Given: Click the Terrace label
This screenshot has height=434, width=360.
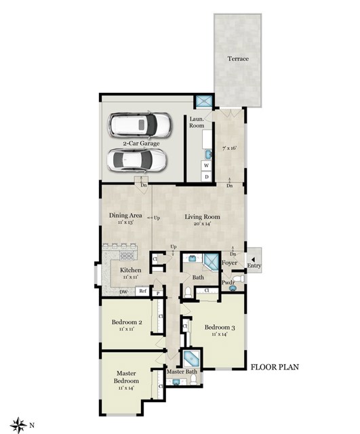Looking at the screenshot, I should click(238, 59).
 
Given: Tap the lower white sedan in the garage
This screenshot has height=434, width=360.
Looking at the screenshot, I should click(138, 160).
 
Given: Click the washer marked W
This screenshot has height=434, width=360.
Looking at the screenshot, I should click(206, 165).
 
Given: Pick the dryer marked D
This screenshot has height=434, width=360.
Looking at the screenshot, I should click(206, 176).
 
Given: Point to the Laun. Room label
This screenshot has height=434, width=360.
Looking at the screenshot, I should click(197, 123).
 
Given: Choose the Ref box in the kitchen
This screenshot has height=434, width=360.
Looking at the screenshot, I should click(142, 292).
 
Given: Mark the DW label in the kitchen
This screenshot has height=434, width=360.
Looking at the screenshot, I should click(124, 292).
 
